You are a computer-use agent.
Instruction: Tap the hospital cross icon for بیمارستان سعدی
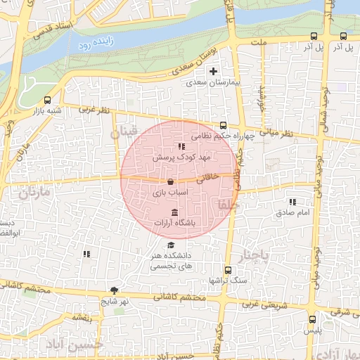(x=214, y=72)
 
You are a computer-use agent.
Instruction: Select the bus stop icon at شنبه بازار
(x=47, y=100)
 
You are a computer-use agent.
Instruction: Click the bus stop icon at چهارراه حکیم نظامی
(x=224, y=126)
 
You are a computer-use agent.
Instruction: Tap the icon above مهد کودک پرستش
(x=172, y=146)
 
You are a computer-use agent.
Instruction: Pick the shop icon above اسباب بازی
(x=172, y=181)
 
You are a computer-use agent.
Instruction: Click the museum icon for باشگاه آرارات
(x=174, y=212)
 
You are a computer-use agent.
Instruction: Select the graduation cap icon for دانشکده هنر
(x=171, y=245)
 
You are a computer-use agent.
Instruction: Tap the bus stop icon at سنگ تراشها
(x=227, y=270)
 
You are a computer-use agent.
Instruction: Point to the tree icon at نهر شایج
(x=115, y=290)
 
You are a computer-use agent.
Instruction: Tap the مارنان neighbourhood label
(x=35, y=192)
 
